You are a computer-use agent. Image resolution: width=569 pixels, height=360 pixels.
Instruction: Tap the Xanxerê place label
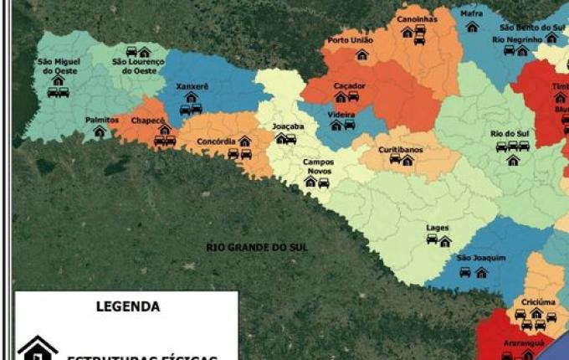coord(192,86)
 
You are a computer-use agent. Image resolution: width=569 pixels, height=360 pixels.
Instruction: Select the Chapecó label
coord(148,120)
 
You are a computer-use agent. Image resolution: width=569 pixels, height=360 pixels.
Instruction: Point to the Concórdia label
coord(216,141)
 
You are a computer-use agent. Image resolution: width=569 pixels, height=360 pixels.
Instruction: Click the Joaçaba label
coord(288,126)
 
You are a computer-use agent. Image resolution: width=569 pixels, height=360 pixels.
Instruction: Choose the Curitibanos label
coord(400,149)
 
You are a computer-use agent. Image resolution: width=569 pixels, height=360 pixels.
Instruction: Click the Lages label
coord(437,228)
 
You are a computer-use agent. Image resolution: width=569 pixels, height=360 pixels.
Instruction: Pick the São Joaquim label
coord(481,258)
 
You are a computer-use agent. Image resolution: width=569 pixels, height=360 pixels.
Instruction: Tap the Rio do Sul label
coord(508,133)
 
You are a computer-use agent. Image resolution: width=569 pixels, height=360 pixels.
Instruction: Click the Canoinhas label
coord(417,18)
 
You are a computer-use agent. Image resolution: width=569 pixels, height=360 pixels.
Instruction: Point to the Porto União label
coord(349,40)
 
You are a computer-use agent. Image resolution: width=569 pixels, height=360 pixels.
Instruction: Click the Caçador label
coord(349,85)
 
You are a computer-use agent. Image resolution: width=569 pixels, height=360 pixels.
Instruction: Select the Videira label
coord(341,113)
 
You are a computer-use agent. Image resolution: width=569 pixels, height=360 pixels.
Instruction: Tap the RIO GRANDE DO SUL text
coord(246,248)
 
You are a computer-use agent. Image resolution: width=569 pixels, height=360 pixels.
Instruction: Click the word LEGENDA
coord(128,306)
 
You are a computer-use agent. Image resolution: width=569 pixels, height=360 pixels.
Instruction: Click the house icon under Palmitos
coord(100,131)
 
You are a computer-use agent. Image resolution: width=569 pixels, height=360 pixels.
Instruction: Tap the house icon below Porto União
coord(361,54)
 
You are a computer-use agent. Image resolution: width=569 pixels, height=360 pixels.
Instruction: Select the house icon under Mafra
coord(472,27)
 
